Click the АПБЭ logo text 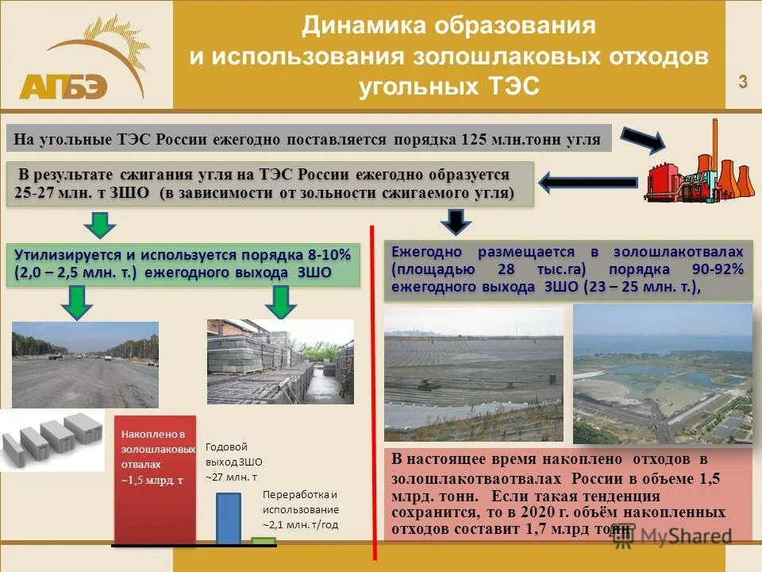pyautogui.click(x=63, y=86)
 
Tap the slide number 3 pyautogui.click(x=743, y=81)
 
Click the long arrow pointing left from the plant pyautogui.click(x=588, y=183)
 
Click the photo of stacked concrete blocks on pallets pyautogui.click(x=280, y=361)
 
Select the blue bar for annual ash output pyautogui.click(x=229, y=519)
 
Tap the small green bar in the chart pyautogui.click(x=263, y=541)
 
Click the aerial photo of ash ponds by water pyautogui.click(x=662, y=373)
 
